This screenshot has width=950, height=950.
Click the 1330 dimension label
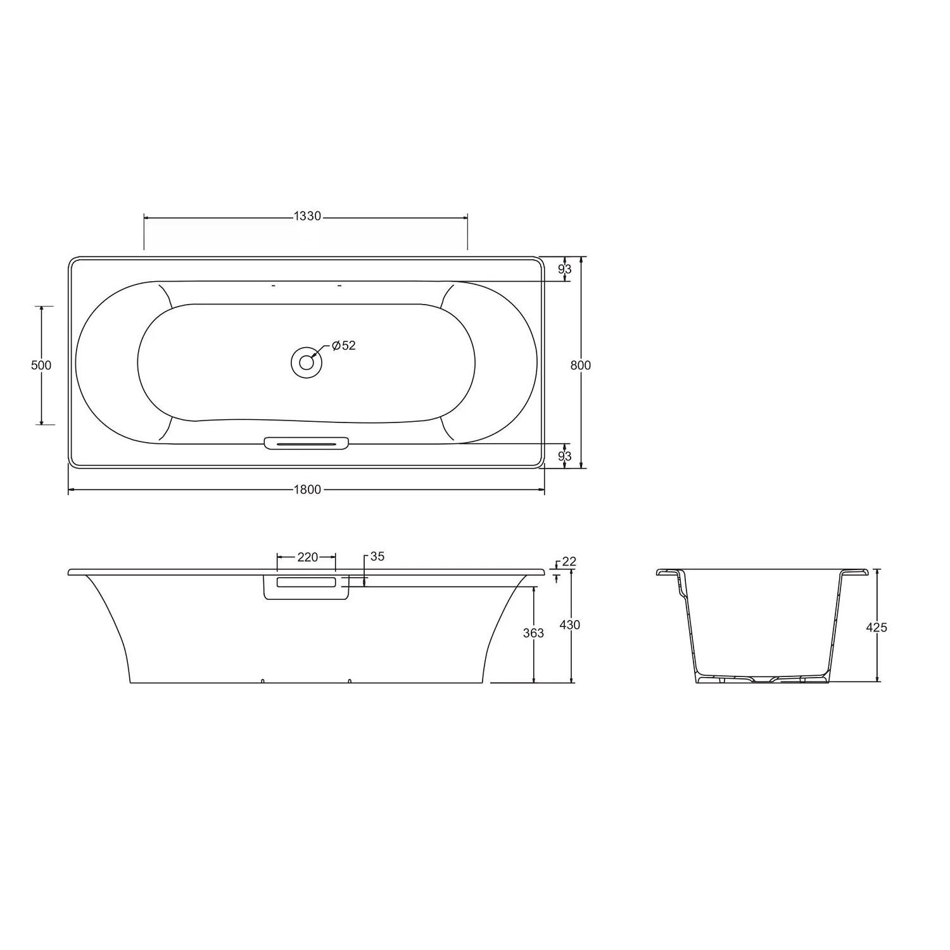(308, 217)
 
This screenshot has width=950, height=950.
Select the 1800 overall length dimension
(308, 490)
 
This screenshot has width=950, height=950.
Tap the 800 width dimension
(580, 365)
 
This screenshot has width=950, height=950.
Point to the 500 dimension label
(41, 365)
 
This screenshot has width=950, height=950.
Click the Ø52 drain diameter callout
(344, 346)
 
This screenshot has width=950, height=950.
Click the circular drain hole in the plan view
(307, 362)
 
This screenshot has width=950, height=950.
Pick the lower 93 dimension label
(565, 456)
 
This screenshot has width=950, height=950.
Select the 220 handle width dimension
(307, 557)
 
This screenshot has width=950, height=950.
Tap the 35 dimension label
(377, 557)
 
